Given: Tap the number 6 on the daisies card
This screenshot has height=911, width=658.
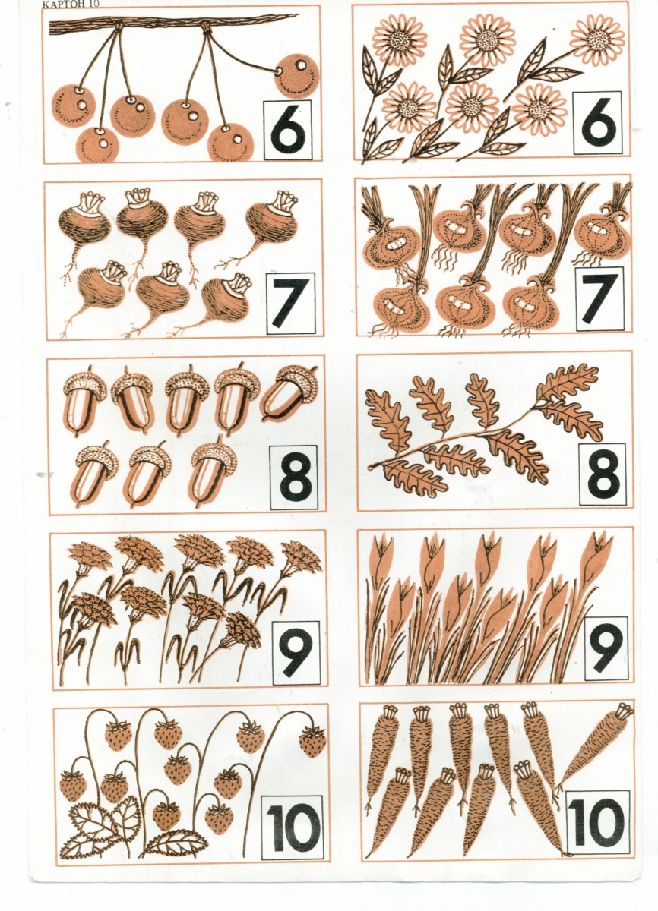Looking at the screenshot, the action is pyautogui.click(x=597, y=124).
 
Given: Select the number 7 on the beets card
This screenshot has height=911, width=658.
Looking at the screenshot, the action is pyautogui.click(x=289, y=304).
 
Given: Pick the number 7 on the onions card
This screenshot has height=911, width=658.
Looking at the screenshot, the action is pyautogui.click(x=600, y=298).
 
